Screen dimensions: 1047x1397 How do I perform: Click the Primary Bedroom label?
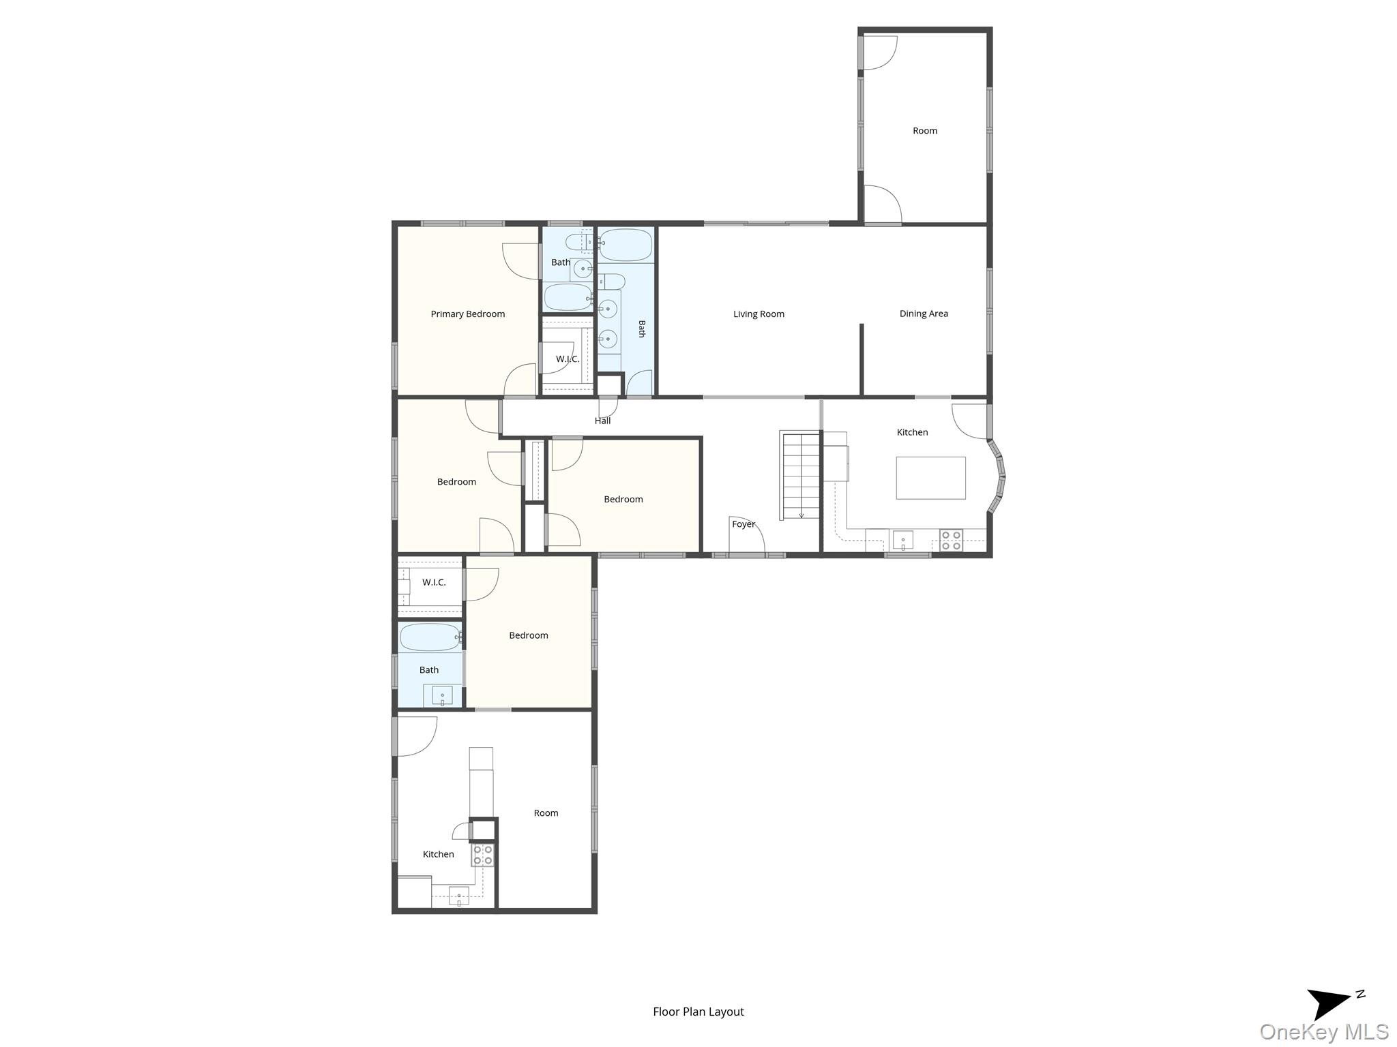point(467,314)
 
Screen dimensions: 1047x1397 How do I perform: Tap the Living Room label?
point(759,314)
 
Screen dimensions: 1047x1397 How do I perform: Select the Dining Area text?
point(923,314)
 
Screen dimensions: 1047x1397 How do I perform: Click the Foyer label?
point(743,524)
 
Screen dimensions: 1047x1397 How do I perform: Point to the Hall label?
point(602,421)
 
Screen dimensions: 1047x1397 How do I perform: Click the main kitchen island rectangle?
point(930,478)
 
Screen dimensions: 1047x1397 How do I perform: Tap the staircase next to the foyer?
point(800,474)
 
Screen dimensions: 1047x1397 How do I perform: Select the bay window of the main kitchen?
point(998,476)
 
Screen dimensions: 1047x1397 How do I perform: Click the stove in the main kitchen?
point(951,541)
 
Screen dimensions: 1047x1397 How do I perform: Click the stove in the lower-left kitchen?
point(483,855)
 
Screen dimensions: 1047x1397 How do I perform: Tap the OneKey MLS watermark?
point(1323,1032)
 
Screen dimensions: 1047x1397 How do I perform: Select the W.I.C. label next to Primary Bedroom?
point(567,359)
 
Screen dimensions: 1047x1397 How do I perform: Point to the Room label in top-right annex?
point(924,131)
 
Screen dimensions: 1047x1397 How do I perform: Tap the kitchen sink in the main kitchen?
point(902,541)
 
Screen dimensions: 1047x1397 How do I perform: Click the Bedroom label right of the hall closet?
point(623,500)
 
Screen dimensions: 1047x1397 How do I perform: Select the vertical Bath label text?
point(641,329)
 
